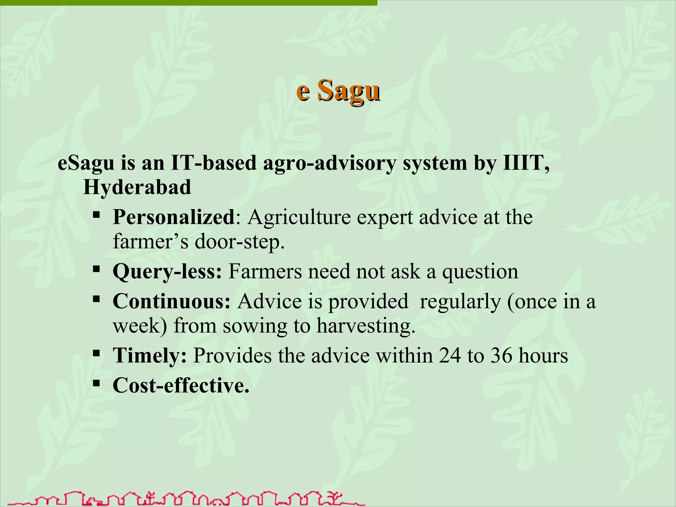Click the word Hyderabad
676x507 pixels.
[x=137, y=187]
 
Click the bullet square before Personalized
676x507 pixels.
[x=96, y=215]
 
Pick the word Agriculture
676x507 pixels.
[x=299, y=218]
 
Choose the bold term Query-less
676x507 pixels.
[x=167, y=272]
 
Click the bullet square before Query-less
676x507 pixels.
[x=96, y=269]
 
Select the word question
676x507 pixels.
[x=480, y=272]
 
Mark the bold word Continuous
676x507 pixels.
[x=171, y=301]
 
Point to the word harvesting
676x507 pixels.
[x=366, y=326]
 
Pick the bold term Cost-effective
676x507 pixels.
[x=181, y=385]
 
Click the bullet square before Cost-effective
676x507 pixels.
[x=96, y=383]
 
